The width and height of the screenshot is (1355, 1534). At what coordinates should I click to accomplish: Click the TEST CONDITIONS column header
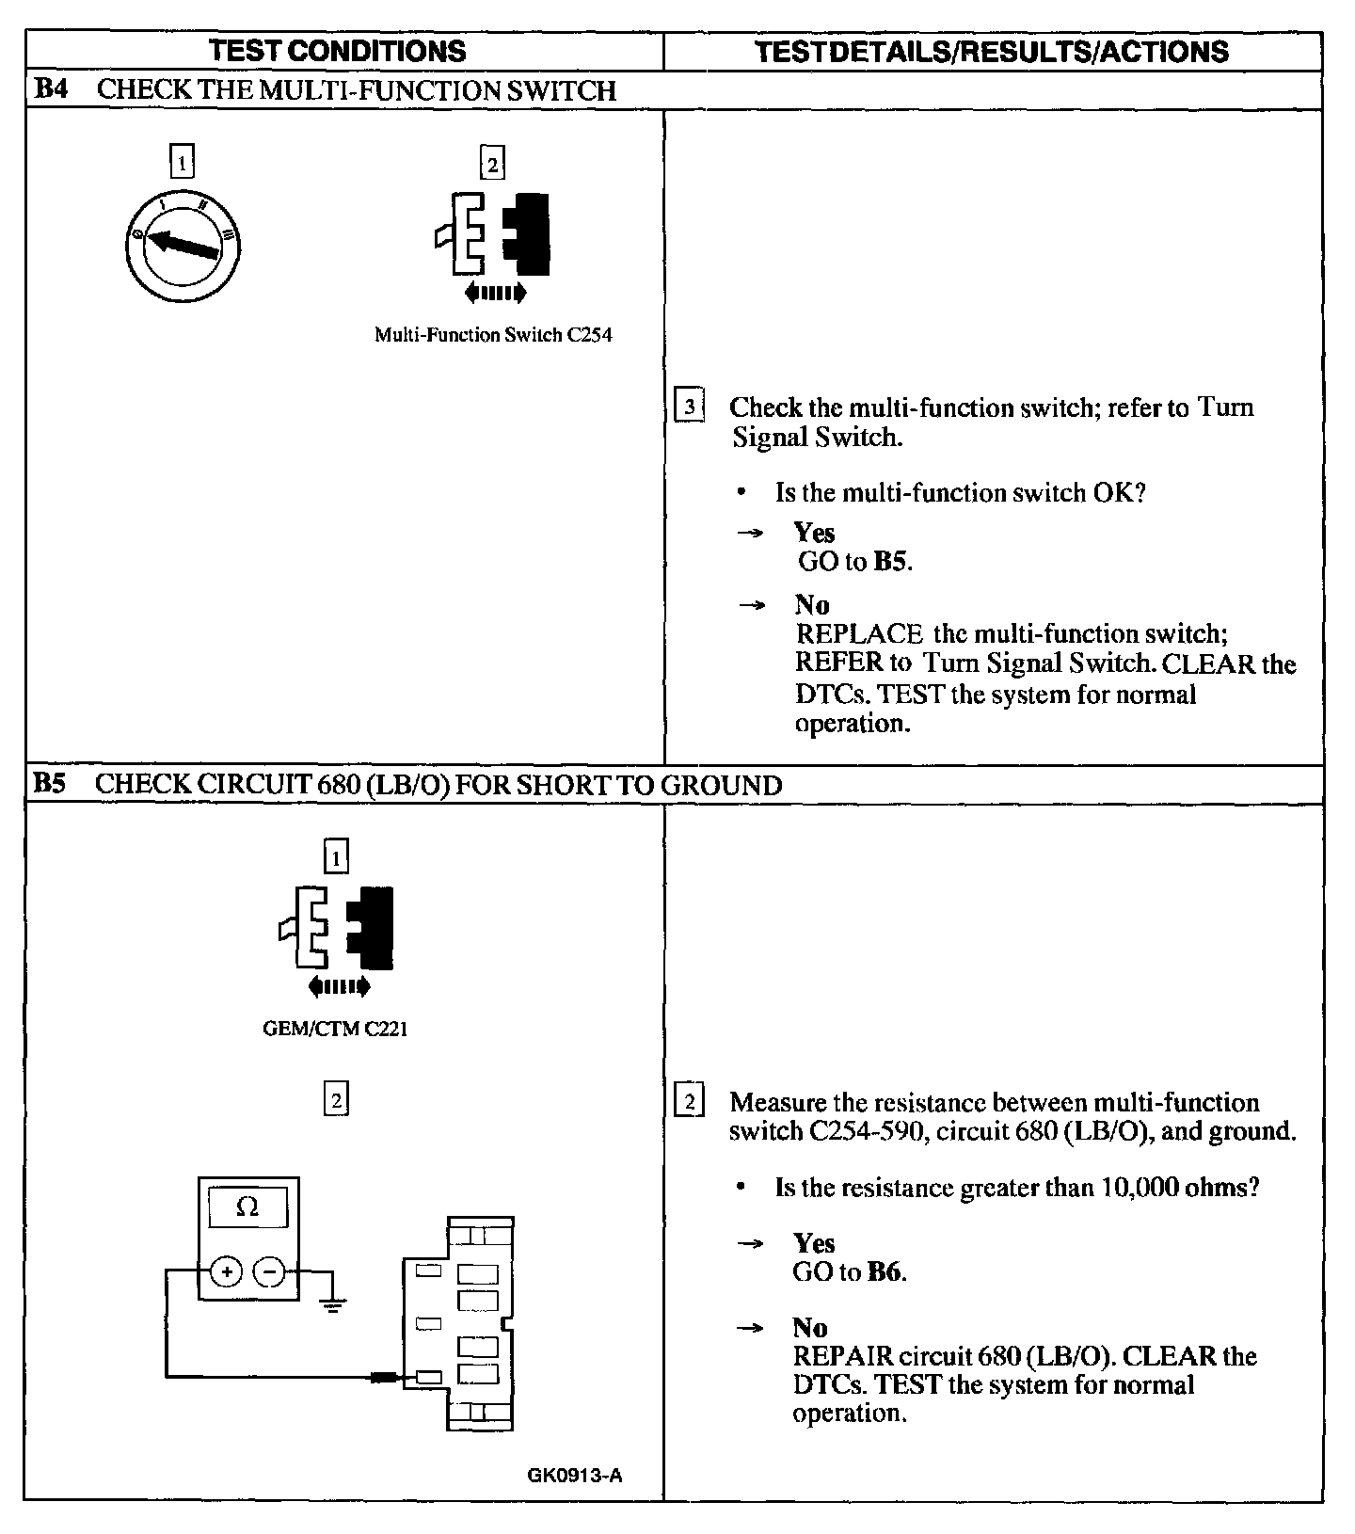tap(337, 51)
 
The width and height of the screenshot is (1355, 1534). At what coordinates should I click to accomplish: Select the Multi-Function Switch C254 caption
tap(493, 335)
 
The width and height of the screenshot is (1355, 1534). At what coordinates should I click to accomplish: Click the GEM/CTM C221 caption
tap(335, 1029)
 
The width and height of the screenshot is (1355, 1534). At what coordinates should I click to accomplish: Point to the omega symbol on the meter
tap(247, 1206)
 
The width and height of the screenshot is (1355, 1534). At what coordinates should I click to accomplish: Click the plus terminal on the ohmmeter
tap(226, 1272)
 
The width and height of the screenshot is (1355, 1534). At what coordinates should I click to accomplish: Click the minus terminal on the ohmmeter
tap(270, 1272)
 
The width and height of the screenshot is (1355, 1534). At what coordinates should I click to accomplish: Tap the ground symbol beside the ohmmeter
tap(332, 1303)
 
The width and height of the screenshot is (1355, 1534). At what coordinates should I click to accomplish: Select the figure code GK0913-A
tap(575, 1475)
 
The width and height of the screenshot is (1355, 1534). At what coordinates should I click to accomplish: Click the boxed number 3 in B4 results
tap(690, 407)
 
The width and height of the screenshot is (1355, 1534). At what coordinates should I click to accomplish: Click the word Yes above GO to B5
tap(814, 533)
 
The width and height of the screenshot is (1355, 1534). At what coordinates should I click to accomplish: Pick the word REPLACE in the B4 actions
tap(858, 633)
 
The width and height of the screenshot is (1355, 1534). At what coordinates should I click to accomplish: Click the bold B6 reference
tap(885, 1272)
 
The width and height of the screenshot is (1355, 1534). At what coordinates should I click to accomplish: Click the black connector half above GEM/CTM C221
tap(373, 927)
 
